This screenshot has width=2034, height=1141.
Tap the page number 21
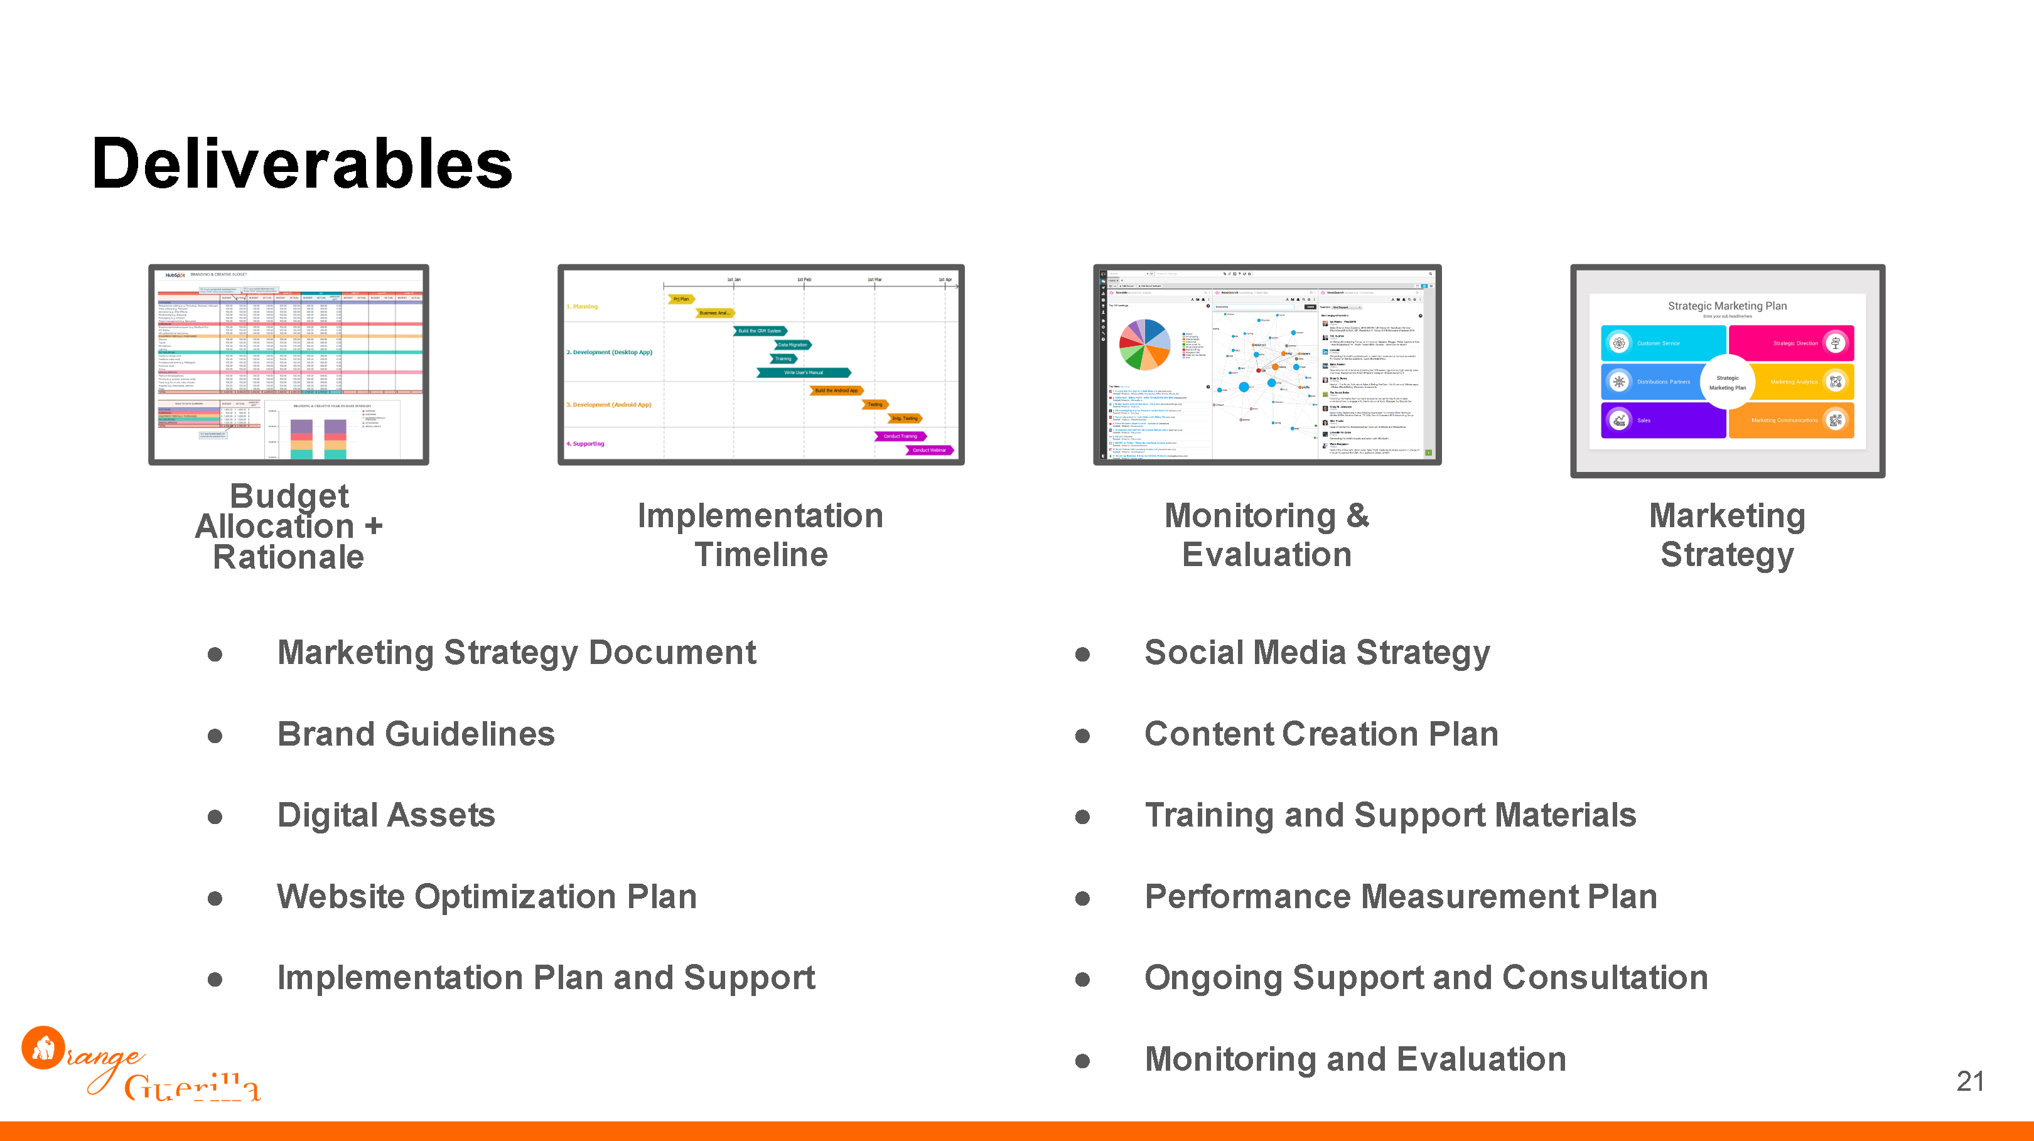1970,1081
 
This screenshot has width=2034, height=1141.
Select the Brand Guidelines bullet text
416,734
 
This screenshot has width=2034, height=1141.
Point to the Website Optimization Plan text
487,897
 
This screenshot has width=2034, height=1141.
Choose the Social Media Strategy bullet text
1316,653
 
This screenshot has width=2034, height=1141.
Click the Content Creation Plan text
1320,734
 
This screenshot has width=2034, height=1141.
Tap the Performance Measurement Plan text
1400,897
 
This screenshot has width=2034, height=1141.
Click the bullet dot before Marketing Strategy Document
215,654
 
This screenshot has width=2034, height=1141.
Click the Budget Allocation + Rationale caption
288,527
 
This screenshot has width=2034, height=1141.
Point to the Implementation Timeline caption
760,535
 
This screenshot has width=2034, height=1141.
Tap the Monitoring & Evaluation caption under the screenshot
1266,535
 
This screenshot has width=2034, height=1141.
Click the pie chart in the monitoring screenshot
1143,345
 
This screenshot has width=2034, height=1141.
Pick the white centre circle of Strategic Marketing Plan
1727,382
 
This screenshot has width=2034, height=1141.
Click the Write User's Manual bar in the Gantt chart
803,373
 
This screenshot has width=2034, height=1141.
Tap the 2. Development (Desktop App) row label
609,352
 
